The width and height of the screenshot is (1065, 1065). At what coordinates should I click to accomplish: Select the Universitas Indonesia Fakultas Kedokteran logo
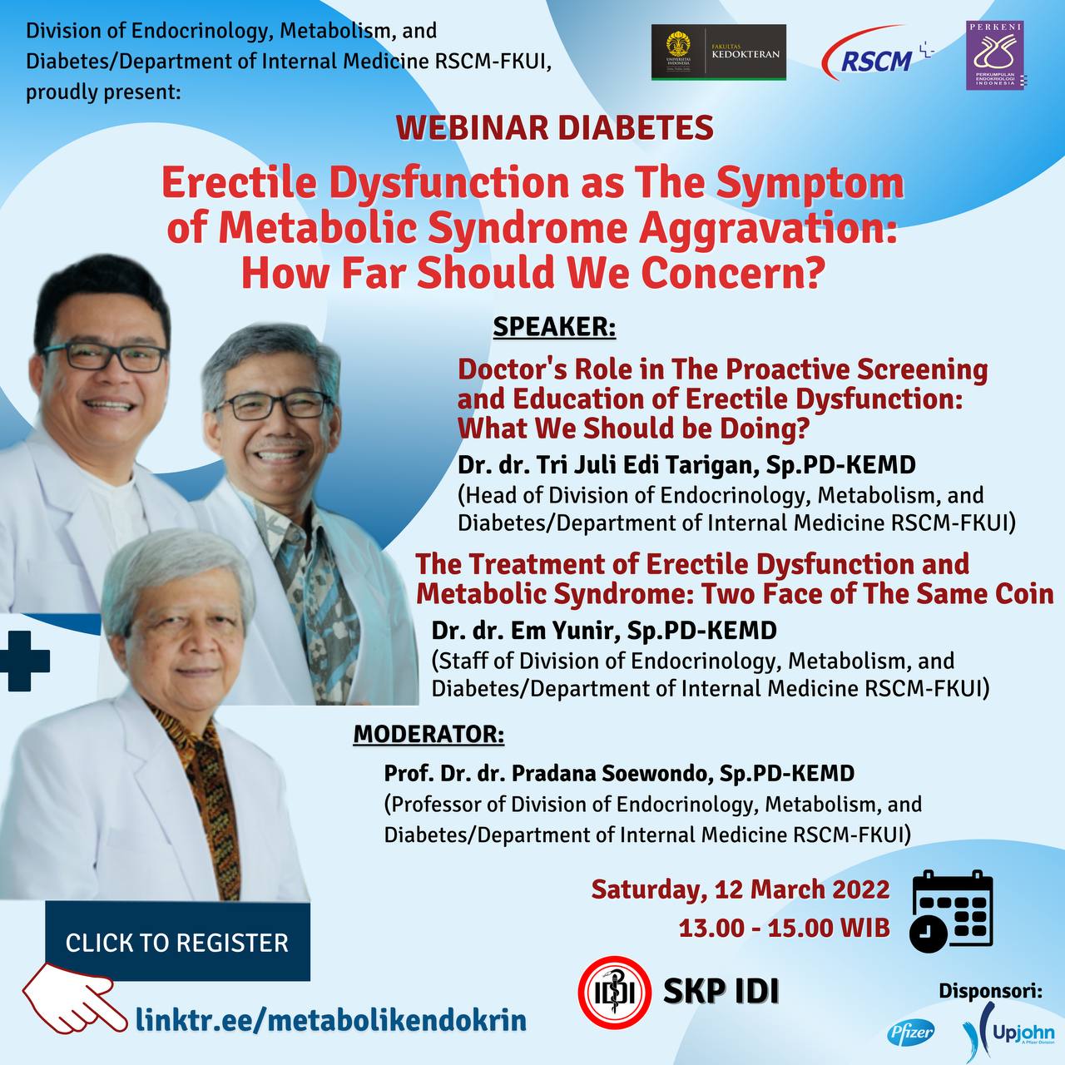[719, 52]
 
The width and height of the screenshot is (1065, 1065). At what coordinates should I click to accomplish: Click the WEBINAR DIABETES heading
[554, 127]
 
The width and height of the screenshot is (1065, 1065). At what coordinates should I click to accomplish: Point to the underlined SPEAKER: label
[554, 327]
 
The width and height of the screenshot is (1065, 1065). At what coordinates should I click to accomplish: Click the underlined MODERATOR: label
[428, 734]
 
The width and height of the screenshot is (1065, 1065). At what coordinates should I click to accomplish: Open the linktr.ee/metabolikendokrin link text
[331, 1020]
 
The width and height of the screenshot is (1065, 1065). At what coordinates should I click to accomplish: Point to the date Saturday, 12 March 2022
[741, 889]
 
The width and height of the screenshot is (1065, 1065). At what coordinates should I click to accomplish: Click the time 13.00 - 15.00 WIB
[785, 928]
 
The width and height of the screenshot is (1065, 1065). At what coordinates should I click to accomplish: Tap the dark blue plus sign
[25, 661]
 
